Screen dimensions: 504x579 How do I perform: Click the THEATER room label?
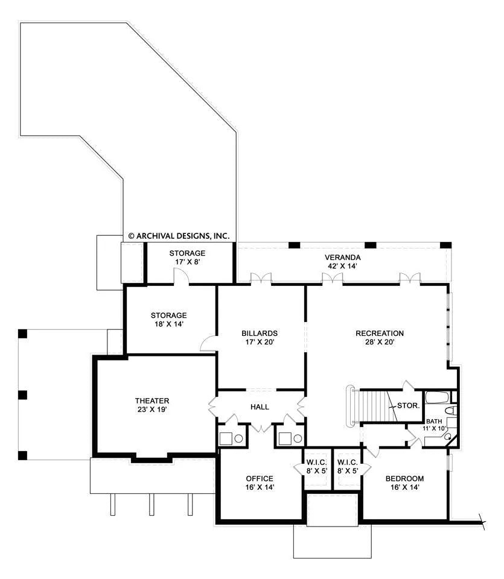[x=152, y=400]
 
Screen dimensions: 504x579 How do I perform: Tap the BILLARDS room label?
[x=260, y=333]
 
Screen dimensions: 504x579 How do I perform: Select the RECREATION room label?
[x=380, y=333]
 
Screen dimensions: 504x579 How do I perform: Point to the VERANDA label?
[x=342, y=258]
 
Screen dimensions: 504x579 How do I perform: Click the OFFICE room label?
[x=260, y=478]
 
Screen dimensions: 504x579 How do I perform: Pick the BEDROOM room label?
[x=404, y=478]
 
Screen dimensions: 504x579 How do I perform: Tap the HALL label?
[x=260, y=407]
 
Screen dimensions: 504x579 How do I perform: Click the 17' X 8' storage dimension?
[x=187, y=262]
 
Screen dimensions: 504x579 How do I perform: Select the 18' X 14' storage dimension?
[x=168, y=324]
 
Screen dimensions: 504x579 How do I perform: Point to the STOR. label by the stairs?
[x=408, y=405]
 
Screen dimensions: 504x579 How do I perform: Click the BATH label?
[x=434, y=422]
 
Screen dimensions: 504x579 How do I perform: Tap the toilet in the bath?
[x=451, y=410]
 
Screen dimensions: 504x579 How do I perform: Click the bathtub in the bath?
[x=437, y=397]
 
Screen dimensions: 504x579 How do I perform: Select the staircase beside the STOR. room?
[x=373, y=406]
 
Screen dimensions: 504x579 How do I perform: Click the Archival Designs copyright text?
[x=179, y=236]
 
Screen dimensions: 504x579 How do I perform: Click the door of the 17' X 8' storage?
[x=181, y=276]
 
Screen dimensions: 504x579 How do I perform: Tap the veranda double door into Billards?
[x=261, y=278]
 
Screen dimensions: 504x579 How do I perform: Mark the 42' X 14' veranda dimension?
[x=342, y=266]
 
